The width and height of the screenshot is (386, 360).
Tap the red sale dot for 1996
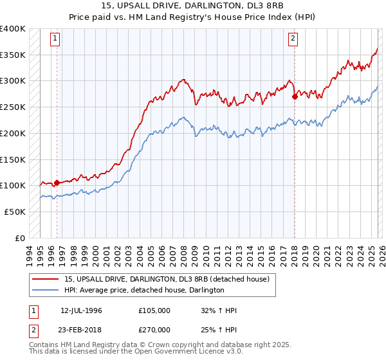[x=57, y=183]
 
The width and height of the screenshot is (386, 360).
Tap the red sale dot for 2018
[x=295, y=97]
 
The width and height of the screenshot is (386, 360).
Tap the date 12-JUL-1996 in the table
[x=81, y=310]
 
